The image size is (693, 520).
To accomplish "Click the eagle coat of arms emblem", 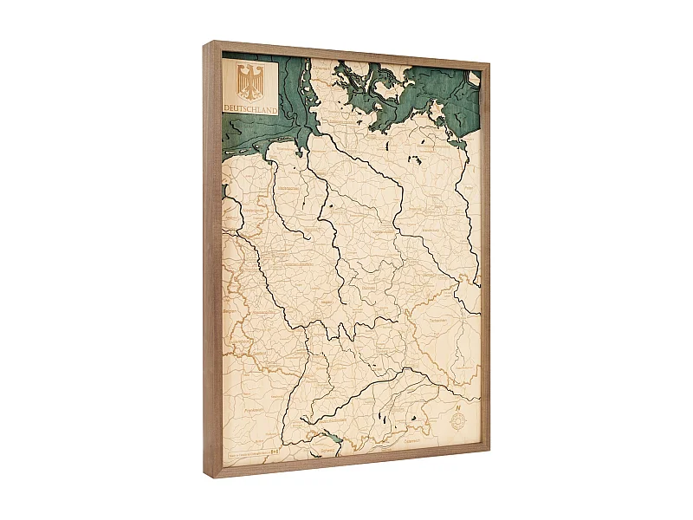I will pyautogui.click(x=249, y=82).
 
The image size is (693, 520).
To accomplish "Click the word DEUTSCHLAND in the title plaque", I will pyautogui.click(x=250, y=110).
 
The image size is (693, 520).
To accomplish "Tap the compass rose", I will pyautogui.click(x=456, y=421).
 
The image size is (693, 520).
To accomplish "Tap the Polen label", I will pyautogui.click(x=469, y=186).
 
